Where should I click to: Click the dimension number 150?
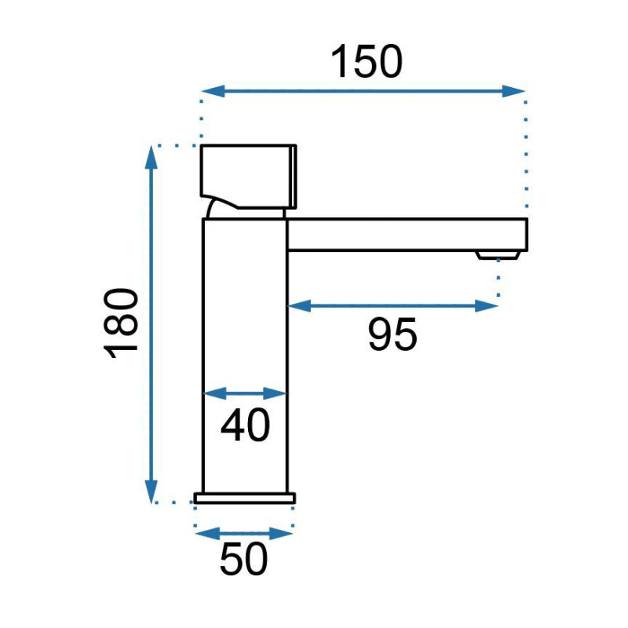click(366, 61)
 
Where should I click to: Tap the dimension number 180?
click(121, 323)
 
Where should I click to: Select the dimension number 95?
click(392, 334)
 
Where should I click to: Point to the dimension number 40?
click(245, 425)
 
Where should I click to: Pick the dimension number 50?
click(243, 559)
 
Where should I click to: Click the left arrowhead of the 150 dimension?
click(213, 91)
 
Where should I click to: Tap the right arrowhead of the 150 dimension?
click(513, 91)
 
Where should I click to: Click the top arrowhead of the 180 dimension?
click(151, 158)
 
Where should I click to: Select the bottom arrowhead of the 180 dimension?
click(151, 492)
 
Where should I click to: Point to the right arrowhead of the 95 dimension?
click(487, 305)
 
